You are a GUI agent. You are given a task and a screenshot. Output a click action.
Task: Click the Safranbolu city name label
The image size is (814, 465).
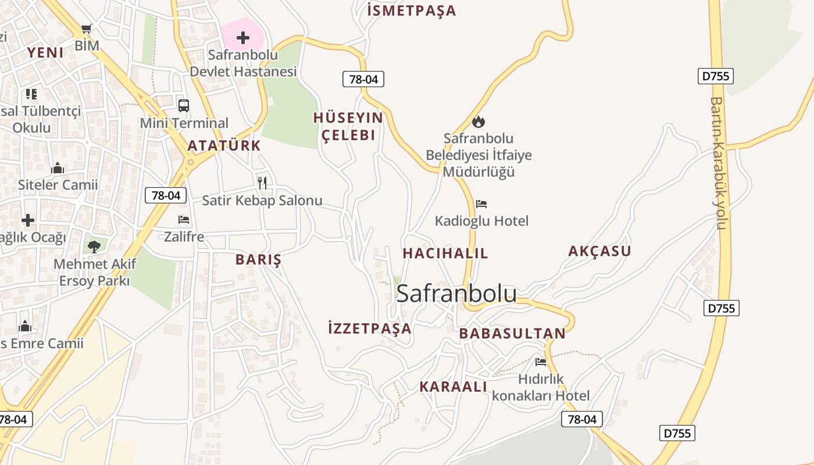(456, 294)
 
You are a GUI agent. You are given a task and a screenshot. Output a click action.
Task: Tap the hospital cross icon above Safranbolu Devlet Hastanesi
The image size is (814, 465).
(243, 38)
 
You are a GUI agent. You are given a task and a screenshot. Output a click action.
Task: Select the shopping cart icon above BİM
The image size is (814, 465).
(87, 28)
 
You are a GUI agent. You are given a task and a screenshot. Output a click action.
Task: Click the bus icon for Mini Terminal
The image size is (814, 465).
(184, 105)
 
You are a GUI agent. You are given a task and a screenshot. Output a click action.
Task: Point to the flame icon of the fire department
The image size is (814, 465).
(479, 121)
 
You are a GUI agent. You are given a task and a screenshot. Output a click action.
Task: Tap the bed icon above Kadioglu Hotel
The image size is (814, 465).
(481, 204)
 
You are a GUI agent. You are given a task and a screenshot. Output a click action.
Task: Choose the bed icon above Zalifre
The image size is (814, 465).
(184, 220)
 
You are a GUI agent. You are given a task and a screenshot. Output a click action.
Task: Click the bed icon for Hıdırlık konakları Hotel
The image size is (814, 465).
(541, 362)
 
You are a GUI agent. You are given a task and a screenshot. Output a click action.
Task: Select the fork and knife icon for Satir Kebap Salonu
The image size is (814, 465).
(262, 183)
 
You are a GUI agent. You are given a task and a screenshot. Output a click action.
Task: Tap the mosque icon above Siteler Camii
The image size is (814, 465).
(58, 168)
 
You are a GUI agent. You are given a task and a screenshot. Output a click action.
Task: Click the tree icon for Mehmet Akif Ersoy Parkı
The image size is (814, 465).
(94, 246)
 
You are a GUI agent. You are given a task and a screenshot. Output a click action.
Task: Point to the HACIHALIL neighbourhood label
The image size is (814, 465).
(445, 253)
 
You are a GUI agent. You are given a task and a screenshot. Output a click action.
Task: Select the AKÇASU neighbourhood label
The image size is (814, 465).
(599, 251)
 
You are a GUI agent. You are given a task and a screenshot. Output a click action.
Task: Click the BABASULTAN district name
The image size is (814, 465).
(512, 334)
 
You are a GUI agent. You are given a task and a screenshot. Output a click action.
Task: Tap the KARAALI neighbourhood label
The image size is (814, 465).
(453, 387)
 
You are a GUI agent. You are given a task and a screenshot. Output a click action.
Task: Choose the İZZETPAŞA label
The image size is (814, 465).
(370, 328)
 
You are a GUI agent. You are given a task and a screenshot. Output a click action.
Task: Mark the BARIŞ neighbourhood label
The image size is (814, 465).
(258, 260)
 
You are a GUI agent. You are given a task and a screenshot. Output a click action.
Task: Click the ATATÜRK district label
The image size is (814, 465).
(224, 146)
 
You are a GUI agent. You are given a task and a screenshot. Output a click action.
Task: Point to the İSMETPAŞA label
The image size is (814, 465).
(412, 10)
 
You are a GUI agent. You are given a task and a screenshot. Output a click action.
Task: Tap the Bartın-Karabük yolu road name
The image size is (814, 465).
(719, 163)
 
